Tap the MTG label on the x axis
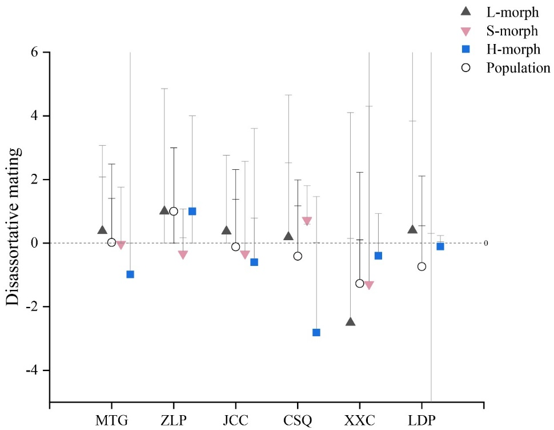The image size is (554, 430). [x=112, y=422]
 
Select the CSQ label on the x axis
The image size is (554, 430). [x=298, y=422]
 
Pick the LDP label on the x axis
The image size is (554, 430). [x=421, y=422]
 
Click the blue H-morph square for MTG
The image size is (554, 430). [x=130, y=274]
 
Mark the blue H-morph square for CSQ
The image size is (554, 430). [x=316, y=332]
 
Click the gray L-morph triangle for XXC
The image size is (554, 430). [x=350, y=322]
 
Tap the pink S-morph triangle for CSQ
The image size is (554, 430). [x=307, y=221]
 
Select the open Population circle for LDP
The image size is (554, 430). [x=421, y=266]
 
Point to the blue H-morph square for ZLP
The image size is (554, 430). [x=192, y=211]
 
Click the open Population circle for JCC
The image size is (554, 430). [x=235, y=246]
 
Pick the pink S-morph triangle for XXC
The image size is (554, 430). [x=369, y=285]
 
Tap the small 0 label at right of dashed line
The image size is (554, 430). [x=486, y=243]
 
